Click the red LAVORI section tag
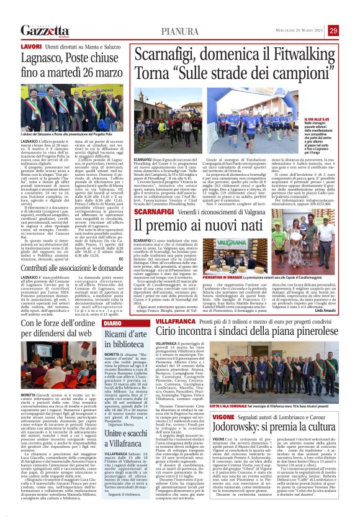coord(32,47)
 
